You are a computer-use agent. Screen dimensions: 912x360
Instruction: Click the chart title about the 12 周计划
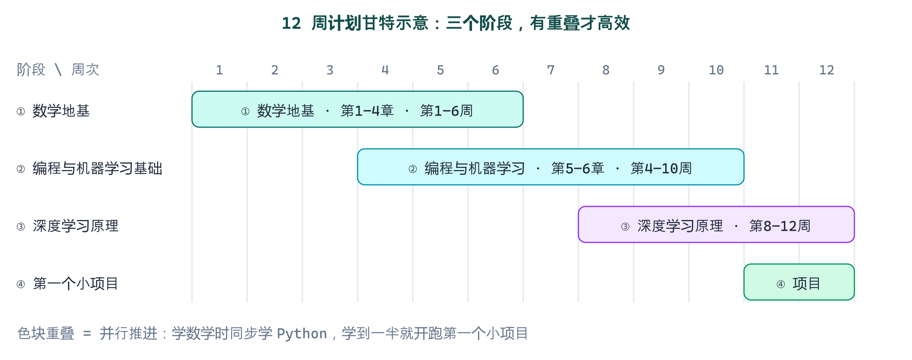(x=456, y=23)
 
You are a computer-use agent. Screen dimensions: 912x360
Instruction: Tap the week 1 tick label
(x=219, y=70)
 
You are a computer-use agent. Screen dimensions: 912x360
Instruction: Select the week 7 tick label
(x=551, y=70)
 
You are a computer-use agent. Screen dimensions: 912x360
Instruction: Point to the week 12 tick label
(x=826, y=70)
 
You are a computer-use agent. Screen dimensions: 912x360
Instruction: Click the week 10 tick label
(x=716, y=70)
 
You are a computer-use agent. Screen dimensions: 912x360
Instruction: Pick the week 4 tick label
(x=385, y=70)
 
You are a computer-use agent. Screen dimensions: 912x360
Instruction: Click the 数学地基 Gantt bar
(x=358, y=109)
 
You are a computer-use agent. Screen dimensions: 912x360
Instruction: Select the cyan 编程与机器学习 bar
(x=551, y=167)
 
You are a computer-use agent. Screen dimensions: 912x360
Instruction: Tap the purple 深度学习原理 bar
(x=716, y=224)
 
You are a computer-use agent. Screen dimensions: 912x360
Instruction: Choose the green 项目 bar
(x=799, y=282)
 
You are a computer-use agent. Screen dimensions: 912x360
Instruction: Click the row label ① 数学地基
(x=53, y=111)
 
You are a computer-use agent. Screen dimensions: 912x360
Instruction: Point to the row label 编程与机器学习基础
(x=97, y=168)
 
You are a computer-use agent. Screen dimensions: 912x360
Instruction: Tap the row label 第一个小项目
(x=76, y=284)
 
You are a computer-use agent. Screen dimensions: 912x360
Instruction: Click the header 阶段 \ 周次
(x=58, y=70)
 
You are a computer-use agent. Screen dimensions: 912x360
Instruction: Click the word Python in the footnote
(x=302, y=334)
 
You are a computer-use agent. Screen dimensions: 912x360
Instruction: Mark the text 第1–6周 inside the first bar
(x=446, y=111)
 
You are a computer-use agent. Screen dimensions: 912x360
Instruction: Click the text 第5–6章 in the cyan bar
(x=578, y=168)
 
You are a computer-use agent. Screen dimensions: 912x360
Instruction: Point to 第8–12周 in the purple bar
(x=780, y=226)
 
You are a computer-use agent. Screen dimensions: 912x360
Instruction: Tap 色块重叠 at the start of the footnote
(x=46, y=333)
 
